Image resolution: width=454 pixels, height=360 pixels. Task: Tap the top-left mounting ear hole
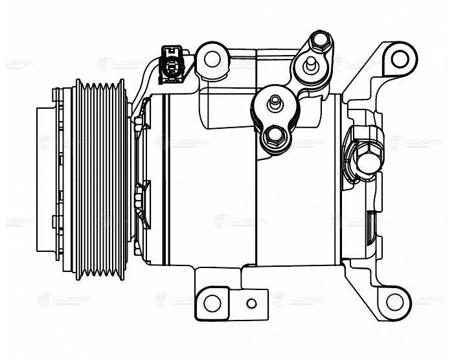(212, 58)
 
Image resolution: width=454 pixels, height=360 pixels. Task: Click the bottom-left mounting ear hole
(212, 302)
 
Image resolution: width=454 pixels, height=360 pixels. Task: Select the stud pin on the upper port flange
(312, 64)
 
